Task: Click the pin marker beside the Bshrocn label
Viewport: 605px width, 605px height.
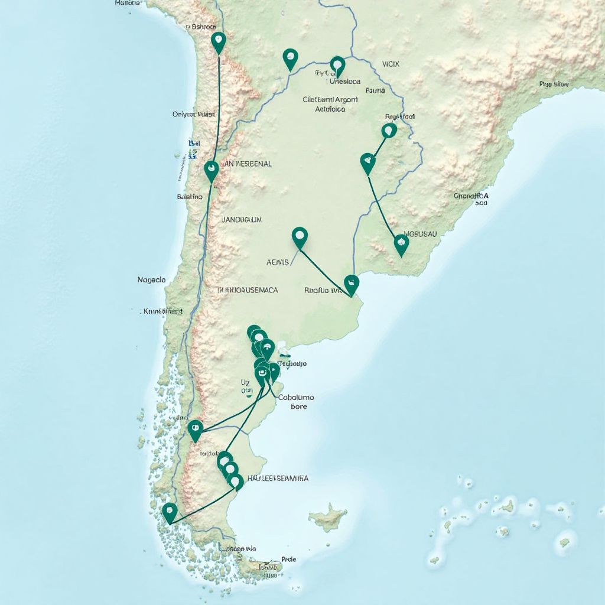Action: (219, 41)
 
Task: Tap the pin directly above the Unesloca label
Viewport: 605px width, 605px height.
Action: (337, 64)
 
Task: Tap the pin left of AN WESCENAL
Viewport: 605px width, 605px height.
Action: (211, 170)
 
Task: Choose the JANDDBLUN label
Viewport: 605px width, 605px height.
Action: (241, 219)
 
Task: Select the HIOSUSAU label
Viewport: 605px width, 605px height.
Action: (419, 234)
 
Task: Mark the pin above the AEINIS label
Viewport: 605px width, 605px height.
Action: (300, 236)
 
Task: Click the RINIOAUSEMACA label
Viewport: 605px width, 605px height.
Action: (248, 290)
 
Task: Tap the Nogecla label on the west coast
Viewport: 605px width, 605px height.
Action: (151, 279)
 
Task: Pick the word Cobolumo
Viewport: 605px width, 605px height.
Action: (296, 398)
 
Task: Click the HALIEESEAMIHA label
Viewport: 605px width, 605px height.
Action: (278, 478)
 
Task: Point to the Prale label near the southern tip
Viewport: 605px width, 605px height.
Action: (289, 558)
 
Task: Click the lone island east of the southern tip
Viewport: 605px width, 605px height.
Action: (328, 518)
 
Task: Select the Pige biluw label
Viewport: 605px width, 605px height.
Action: (554, 84)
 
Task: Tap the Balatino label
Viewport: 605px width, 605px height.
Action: (190, 197)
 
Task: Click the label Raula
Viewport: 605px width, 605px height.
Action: (375, 90)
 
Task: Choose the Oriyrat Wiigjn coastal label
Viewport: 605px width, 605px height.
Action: (194, 114)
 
